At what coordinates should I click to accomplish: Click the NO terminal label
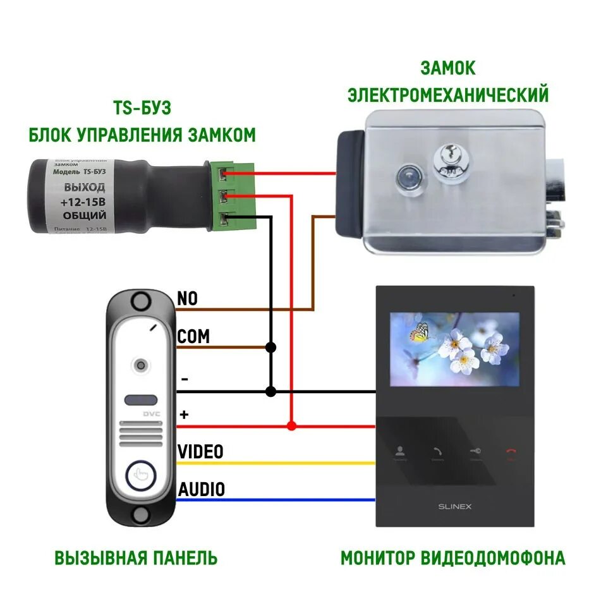[x=188, y=298]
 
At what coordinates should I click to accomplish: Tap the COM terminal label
[x=193, y=336]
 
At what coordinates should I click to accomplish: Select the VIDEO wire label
[x=200, y=452]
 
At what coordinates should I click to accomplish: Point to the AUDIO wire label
[x=201, y=489]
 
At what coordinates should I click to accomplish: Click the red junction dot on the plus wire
[x=291, y=426]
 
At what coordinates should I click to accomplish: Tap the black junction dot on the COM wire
[x=271, y=347]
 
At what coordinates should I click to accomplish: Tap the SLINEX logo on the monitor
[x=455, y=506]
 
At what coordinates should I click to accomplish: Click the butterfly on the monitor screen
[x=420, y=332]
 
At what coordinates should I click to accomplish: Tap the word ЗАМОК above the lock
[x=447, y=68]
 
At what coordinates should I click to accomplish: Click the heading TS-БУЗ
[x=142, y=107]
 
